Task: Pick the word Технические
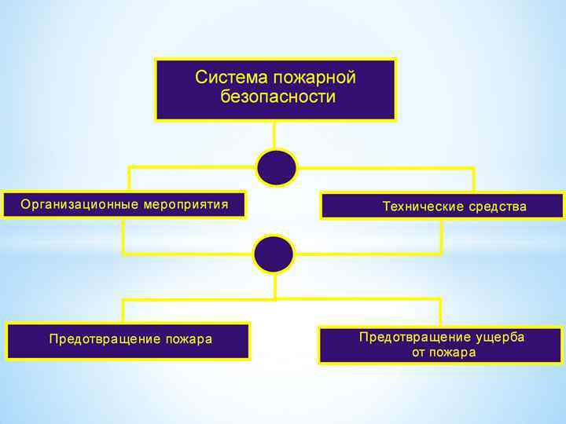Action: coord(422,207)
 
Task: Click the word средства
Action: coord(498,207)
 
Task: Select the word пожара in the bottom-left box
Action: coord(189,339)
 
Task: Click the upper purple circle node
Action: coord(277,167)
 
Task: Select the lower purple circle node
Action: coord(274,254)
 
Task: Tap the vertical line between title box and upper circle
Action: coord(274,134)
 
